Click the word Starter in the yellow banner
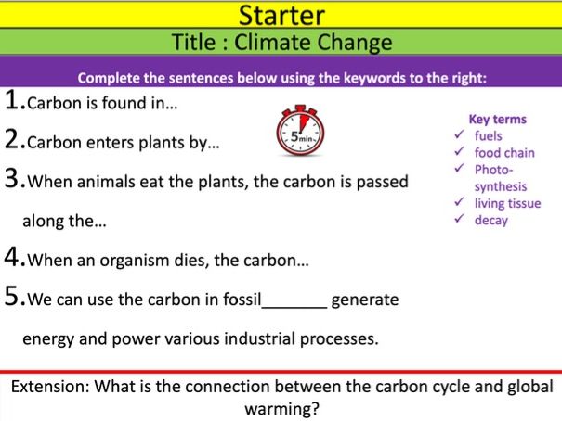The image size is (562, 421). (281, 15)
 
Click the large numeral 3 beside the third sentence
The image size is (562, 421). (13, 180)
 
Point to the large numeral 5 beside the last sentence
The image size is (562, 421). (13, 298)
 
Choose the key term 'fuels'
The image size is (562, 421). (488, 135)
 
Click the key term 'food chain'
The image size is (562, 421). (504, 152)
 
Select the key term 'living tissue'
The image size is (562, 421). (507, 203)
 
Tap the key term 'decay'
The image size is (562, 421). (490, 220)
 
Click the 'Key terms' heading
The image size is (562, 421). (498, 119)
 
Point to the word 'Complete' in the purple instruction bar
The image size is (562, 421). (109, 78)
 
